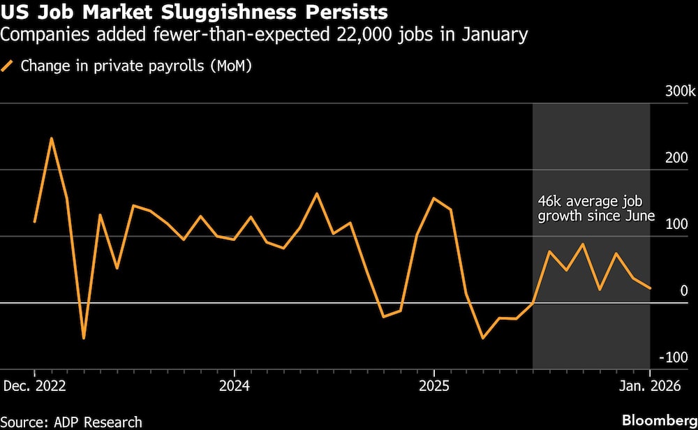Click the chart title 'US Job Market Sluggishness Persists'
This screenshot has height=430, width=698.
[195, 13]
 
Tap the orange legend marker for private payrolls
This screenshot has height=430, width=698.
[9, 67]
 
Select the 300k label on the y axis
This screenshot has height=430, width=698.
[680, 92]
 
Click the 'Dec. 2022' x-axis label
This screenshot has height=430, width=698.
[35, 385]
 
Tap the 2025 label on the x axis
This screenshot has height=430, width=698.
[433, 385]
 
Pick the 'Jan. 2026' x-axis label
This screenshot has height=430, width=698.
[650, 385]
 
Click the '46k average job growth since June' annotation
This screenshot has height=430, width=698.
[595, 208]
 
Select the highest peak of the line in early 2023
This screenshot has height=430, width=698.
[51, 138]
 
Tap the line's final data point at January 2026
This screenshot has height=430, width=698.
[650, 288]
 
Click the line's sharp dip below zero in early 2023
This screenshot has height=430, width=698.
[84, 339]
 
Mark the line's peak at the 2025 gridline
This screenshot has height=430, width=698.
[433, 198]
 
